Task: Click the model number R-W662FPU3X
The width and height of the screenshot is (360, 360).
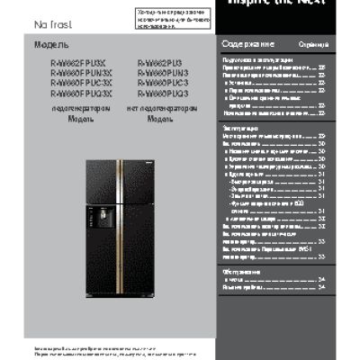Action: [73, 63]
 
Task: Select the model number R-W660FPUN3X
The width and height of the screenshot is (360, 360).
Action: [75, 73]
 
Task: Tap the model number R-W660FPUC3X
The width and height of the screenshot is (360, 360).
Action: [75, 83]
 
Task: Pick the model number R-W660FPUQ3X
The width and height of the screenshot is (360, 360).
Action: [75, 93]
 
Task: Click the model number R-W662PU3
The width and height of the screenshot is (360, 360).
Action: [161, 63]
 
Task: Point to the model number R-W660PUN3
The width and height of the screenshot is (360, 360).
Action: [163, 73]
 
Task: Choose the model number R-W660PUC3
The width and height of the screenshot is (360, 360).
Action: [163, 83]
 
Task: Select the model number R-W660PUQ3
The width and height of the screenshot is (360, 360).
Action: [163, 93]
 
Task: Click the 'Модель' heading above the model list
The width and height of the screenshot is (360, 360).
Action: [51, 45]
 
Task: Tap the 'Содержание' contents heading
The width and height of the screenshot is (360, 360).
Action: [241, 44]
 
